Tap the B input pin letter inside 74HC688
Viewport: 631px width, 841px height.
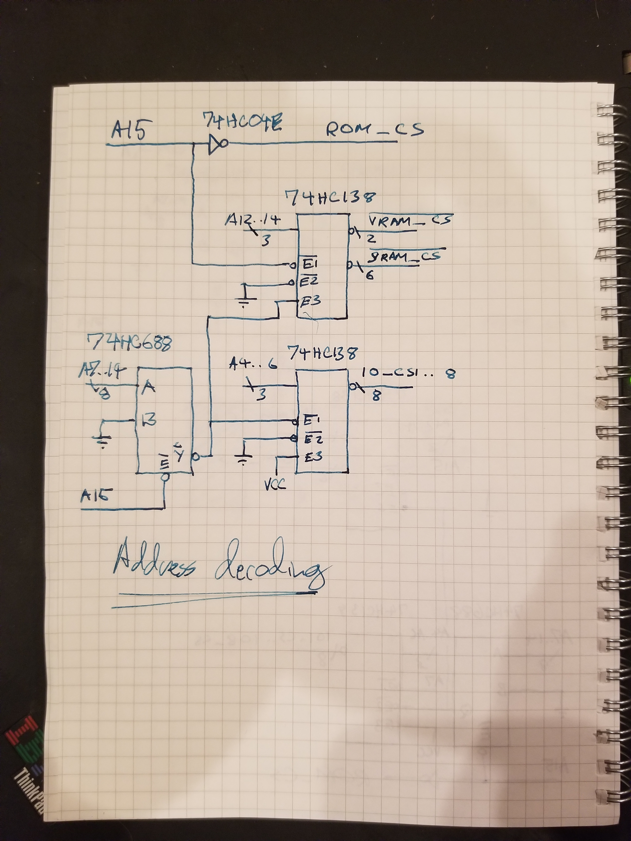pos(148,421)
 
